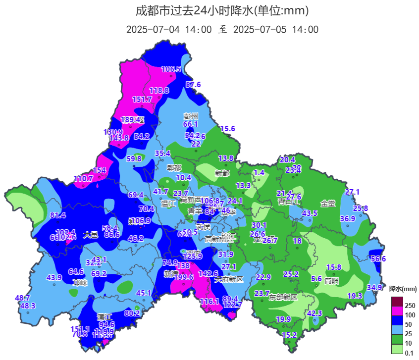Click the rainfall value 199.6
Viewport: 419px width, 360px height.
184,277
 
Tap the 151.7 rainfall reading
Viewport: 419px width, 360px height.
142,100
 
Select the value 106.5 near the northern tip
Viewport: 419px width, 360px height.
171,69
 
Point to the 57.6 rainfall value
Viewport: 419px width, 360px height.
193,85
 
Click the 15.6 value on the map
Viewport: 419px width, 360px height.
227,129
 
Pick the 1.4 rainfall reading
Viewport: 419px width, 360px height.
259,173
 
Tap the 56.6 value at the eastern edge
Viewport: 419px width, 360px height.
378,258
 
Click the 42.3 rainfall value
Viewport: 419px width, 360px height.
314,313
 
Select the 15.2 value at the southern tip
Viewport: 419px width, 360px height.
289,335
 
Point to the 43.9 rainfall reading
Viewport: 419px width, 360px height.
54,278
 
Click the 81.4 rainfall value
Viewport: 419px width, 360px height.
58,215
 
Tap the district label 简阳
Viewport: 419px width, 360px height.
332,280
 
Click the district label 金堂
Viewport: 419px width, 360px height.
328,203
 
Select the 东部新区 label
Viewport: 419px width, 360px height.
283,297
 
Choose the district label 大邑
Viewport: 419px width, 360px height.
91,235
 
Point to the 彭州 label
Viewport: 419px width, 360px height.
191,116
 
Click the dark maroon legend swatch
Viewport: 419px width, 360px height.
397,301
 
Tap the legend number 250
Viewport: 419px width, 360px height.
410,306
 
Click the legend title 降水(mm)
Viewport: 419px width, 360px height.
403,289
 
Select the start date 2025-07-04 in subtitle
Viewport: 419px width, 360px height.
153,29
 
